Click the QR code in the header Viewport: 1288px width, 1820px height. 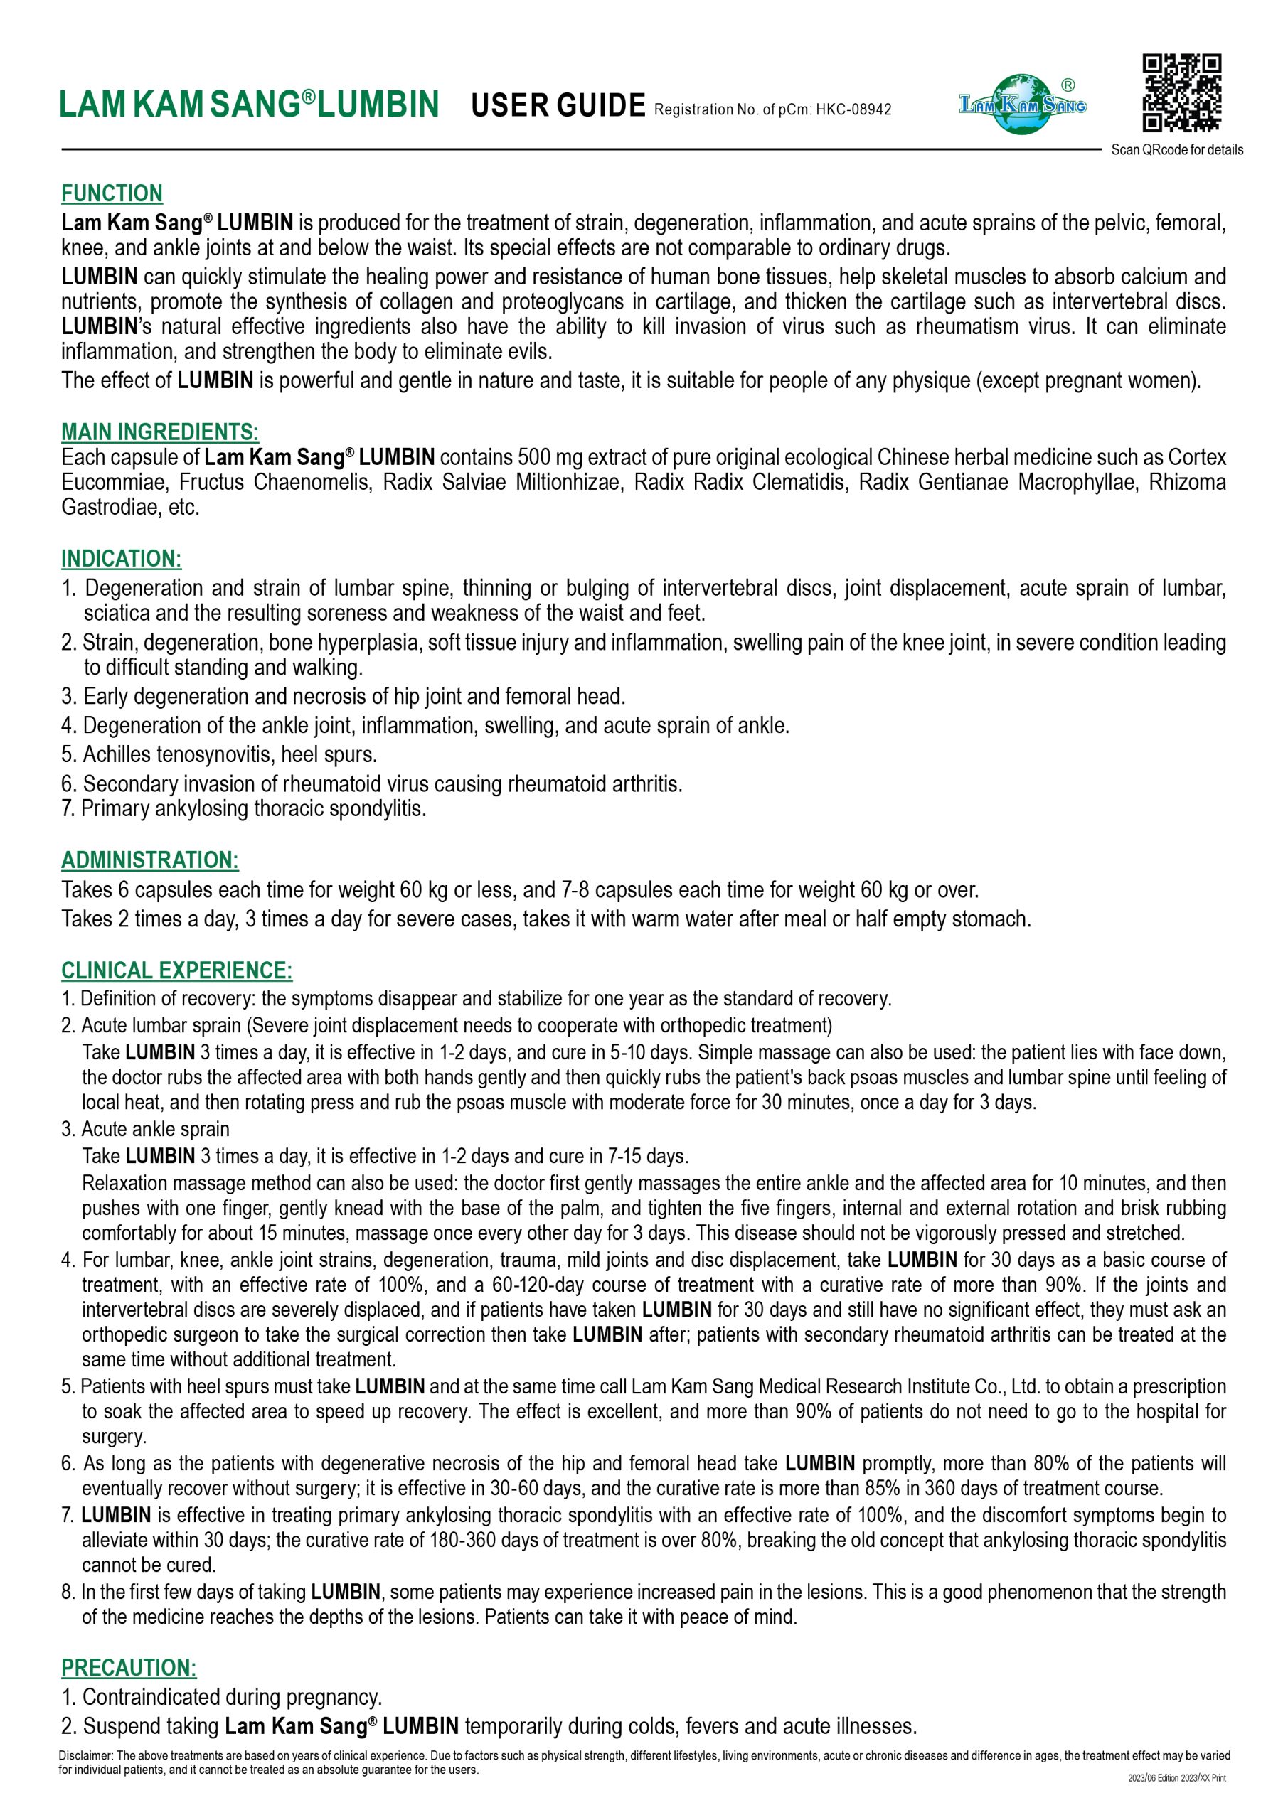[x=1181, y=92]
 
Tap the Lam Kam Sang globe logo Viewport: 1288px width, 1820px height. [x=1023, y=104]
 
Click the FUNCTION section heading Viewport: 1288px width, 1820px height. [x=112, y=193]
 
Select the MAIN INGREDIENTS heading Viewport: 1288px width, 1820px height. [x=159, y=432]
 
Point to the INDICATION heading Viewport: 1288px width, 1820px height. [x=122, y=559]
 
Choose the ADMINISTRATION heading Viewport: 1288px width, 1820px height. [x=150, y=860]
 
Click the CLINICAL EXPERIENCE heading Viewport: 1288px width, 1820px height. [x=177, y=970]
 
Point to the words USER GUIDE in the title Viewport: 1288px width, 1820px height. [x=558, y=105]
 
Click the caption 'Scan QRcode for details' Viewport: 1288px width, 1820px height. [x=1176, y=150]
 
